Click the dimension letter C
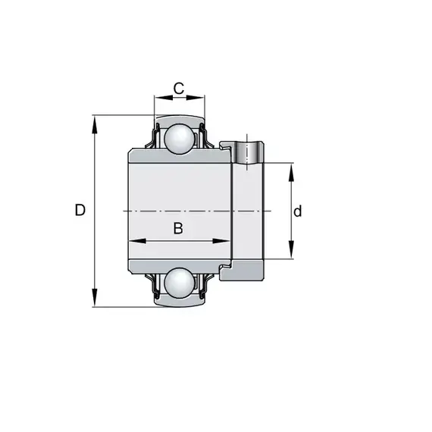[179, 88]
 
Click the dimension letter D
[80, 210]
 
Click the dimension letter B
[178, 228]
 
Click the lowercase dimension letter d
[298, 211]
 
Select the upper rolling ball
[179, 138]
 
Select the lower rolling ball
[179, 283]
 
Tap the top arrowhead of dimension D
[95, 125]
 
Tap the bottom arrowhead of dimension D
[95, 297]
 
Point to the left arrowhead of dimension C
[164, 98]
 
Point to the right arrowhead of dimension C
[196, 98]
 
